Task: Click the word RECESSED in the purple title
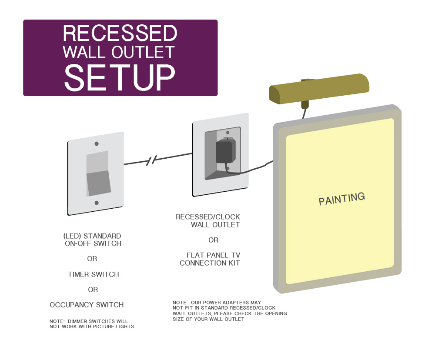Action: point(120,33)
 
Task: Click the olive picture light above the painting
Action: point(319,89)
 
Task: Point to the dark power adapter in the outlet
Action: point(224,152)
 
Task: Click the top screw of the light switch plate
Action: point(97,143)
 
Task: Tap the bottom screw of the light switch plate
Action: point(97,203)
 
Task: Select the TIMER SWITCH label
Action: point(93,274)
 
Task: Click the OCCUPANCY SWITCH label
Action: point(87,305)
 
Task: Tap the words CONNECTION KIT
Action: point(210,263)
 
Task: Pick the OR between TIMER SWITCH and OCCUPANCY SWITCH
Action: point(93,290)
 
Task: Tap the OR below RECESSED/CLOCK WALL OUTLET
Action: point(213,240)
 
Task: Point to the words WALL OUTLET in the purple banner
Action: point(118,52)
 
